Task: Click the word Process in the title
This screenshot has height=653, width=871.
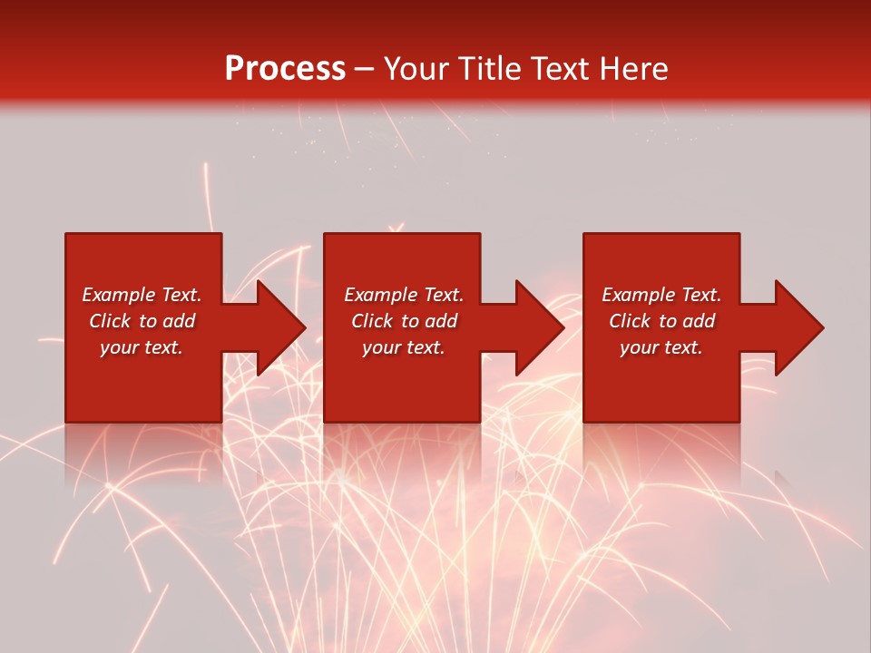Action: pyautogui.click(x=285, y=69)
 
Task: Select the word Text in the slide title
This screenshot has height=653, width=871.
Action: pyautogui.click(x=556, y=69)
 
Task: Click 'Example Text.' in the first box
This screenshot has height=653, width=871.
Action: pyautogui.click(x=142, y=295)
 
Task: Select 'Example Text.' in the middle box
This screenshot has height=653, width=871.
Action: pyautogui.click(x=404, y=295)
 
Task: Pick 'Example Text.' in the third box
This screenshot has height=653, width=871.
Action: pyautogui.click(x=661, y=295)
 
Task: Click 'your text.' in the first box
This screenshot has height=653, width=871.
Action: pyautogui.click(x=142, y=347)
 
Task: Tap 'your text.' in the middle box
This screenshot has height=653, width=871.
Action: pyautogui.click(x=404, y=347)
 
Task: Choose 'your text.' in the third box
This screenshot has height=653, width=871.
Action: pyautogui.click(x=661, y=347)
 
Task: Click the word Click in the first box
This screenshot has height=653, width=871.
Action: pyautogui.click(x=111, y=321)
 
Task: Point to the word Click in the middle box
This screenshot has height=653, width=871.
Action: pyautogui.click(x=373, y=321)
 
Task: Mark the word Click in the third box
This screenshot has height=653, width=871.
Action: pyautogui.click(x=631, y=321)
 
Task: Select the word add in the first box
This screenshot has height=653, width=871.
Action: pyautogui.click(x=180, y=321)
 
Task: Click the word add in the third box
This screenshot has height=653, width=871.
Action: pyautogui.click(x=700, y=321)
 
